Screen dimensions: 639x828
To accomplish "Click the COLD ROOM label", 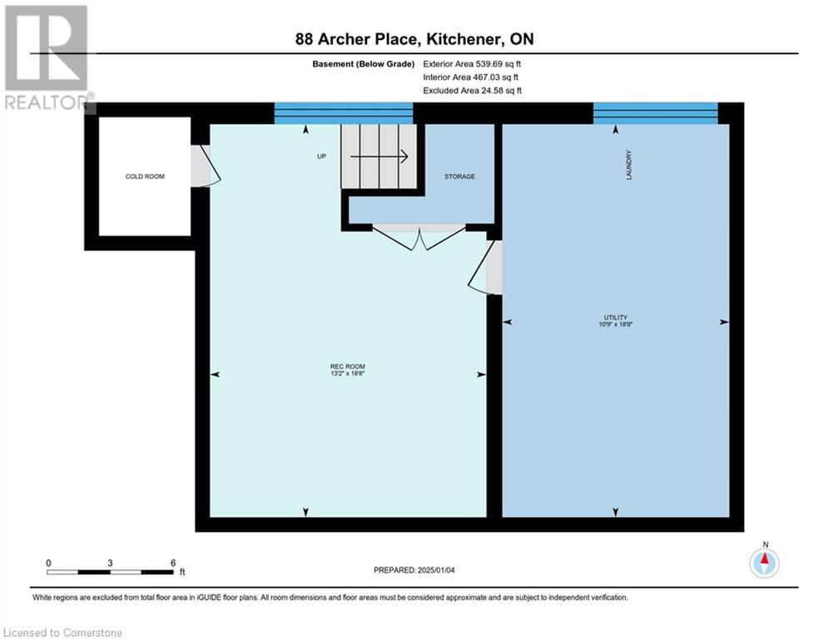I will (x=145, y=176).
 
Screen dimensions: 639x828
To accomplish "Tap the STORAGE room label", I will (x=459, y=176).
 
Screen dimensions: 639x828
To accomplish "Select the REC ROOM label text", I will (x=348, y=366).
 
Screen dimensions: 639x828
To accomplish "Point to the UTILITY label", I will (x=616, y=317).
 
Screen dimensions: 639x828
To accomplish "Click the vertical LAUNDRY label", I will (x=630, y=165).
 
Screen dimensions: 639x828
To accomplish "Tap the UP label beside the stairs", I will (x=321, y=156).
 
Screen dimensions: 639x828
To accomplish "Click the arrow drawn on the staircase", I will (x=379, y=156).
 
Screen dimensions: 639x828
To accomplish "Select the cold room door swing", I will (x=205, y=166).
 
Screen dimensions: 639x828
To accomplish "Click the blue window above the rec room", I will (x=344, y=113).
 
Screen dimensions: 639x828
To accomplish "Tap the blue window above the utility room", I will (x=655, y=113).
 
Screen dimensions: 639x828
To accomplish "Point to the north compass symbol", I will (x=765, y=563).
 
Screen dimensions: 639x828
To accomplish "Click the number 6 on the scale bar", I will (x=172, y=563).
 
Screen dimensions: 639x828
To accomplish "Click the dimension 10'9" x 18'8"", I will (x=616, y=324).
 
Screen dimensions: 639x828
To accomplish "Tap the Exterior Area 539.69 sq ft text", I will (x=473, y=63).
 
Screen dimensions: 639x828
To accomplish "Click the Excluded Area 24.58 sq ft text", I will (x=473, y=90).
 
